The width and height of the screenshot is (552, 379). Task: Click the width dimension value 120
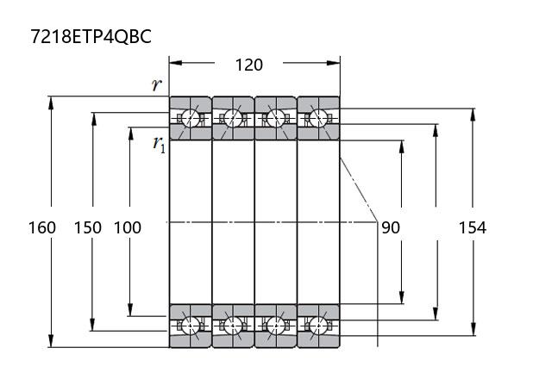pyautogui.click(x=248, y=65)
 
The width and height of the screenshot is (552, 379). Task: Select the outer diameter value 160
pyautogui.click(x=41, y=227)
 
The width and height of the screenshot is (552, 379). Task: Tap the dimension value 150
pyautogui.click(x=87, y=227)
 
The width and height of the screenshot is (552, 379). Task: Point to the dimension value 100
pyautogui.click(x=127, y=227)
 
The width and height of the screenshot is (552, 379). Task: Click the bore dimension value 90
pyautogui.click(x=390, y=227)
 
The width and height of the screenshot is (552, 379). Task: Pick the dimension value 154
pyautogui.click(x=472, y=227)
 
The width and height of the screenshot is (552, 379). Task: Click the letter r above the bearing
pyautogui.click(x=156, y=84)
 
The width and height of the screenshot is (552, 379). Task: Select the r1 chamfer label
pyautogui.click(x=159, y=144)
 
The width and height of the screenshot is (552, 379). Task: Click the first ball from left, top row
pyautogui.click(x=190, y=117)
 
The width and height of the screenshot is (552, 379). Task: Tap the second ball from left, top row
pyautogui.click(x=233, y=117)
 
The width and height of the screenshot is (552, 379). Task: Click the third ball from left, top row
pyautogui.click(x=276, y=117)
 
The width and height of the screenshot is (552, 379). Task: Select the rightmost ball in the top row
pyautogui.click(x=318, y=117)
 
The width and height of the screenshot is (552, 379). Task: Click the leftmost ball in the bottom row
pyautogui.click(x=190, y=326)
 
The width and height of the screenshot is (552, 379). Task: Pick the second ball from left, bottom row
pyautogui.click(x=233, y=326)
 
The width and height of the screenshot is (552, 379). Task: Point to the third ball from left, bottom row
pyautogui.click(x=276, y=326)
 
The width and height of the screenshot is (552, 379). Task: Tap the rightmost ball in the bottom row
pyautogui.click(x=318, y=326)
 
